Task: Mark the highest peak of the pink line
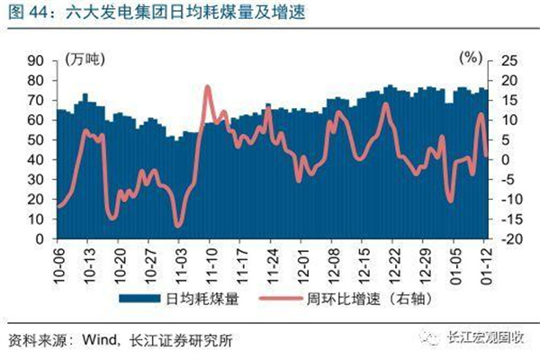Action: tap(207, 87)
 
